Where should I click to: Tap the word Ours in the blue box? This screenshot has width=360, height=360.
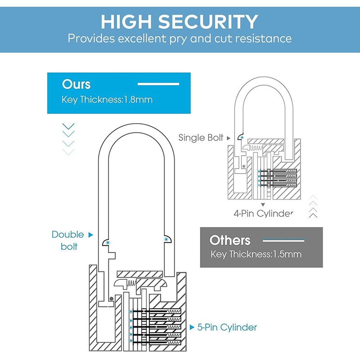(76, 84)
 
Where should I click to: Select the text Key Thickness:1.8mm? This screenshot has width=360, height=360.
(107, 99)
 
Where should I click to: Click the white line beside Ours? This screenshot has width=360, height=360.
(158, 84)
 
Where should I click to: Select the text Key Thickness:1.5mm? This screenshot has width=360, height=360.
(256, 254)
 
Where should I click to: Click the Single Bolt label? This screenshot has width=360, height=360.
(201, 138)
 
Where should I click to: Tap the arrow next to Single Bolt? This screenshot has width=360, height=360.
(229, 138)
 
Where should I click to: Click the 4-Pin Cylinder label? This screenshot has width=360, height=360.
(263, 213)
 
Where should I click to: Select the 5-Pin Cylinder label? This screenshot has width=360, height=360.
(227, 327)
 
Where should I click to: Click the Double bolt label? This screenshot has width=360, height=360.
(67, 240)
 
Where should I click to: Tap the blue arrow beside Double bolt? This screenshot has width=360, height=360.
(90, 234)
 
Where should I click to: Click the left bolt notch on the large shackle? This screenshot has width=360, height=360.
(107, 242)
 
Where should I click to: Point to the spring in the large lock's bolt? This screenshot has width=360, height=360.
(130, 283)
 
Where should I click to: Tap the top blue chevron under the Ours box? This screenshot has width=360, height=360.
(68, 126)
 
